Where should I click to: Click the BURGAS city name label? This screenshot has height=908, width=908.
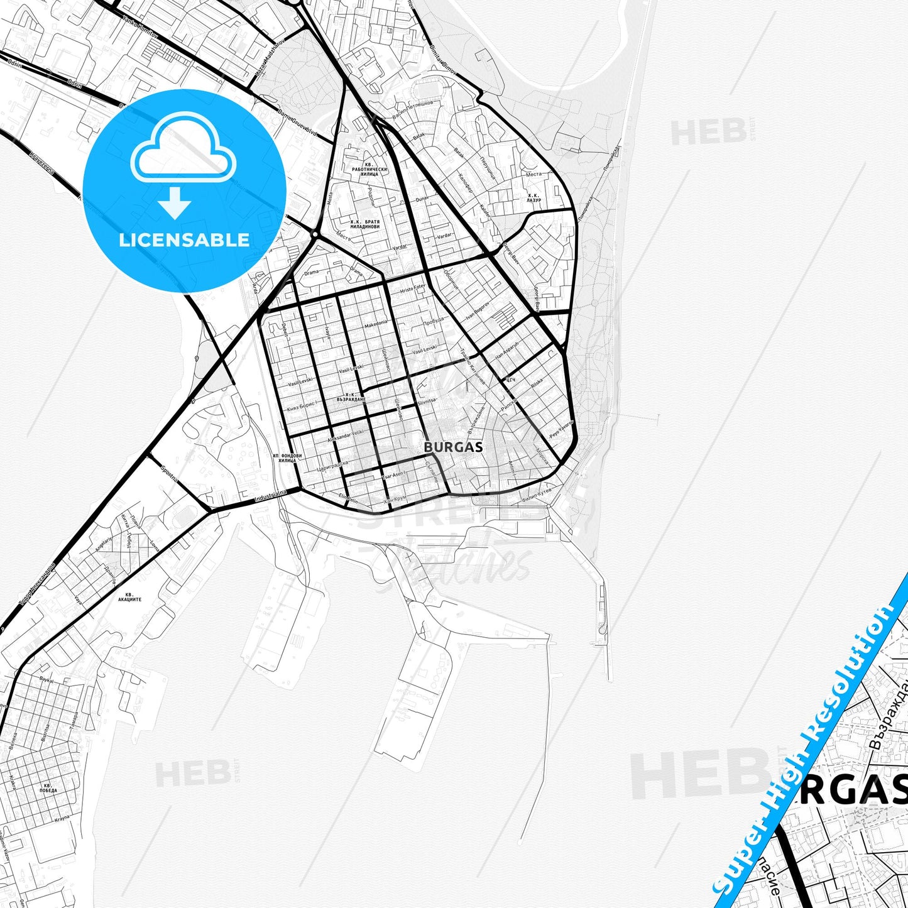tap(453, 447)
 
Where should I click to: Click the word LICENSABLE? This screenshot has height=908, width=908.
tap(184, 239)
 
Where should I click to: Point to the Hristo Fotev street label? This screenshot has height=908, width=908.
tap(413, 288)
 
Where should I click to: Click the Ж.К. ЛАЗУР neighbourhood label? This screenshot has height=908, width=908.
tap(533, 198)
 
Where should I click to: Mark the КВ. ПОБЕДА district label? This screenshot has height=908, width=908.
tap(48, 788)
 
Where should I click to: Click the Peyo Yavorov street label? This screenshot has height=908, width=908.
tap(561, 430)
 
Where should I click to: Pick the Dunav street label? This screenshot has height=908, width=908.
tap(421, 199)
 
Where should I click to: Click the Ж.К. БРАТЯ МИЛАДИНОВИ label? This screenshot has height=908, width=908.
tap(364, 224)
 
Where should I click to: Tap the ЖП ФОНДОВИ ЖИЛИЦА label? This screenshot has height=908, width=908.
tap(287, 458)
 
